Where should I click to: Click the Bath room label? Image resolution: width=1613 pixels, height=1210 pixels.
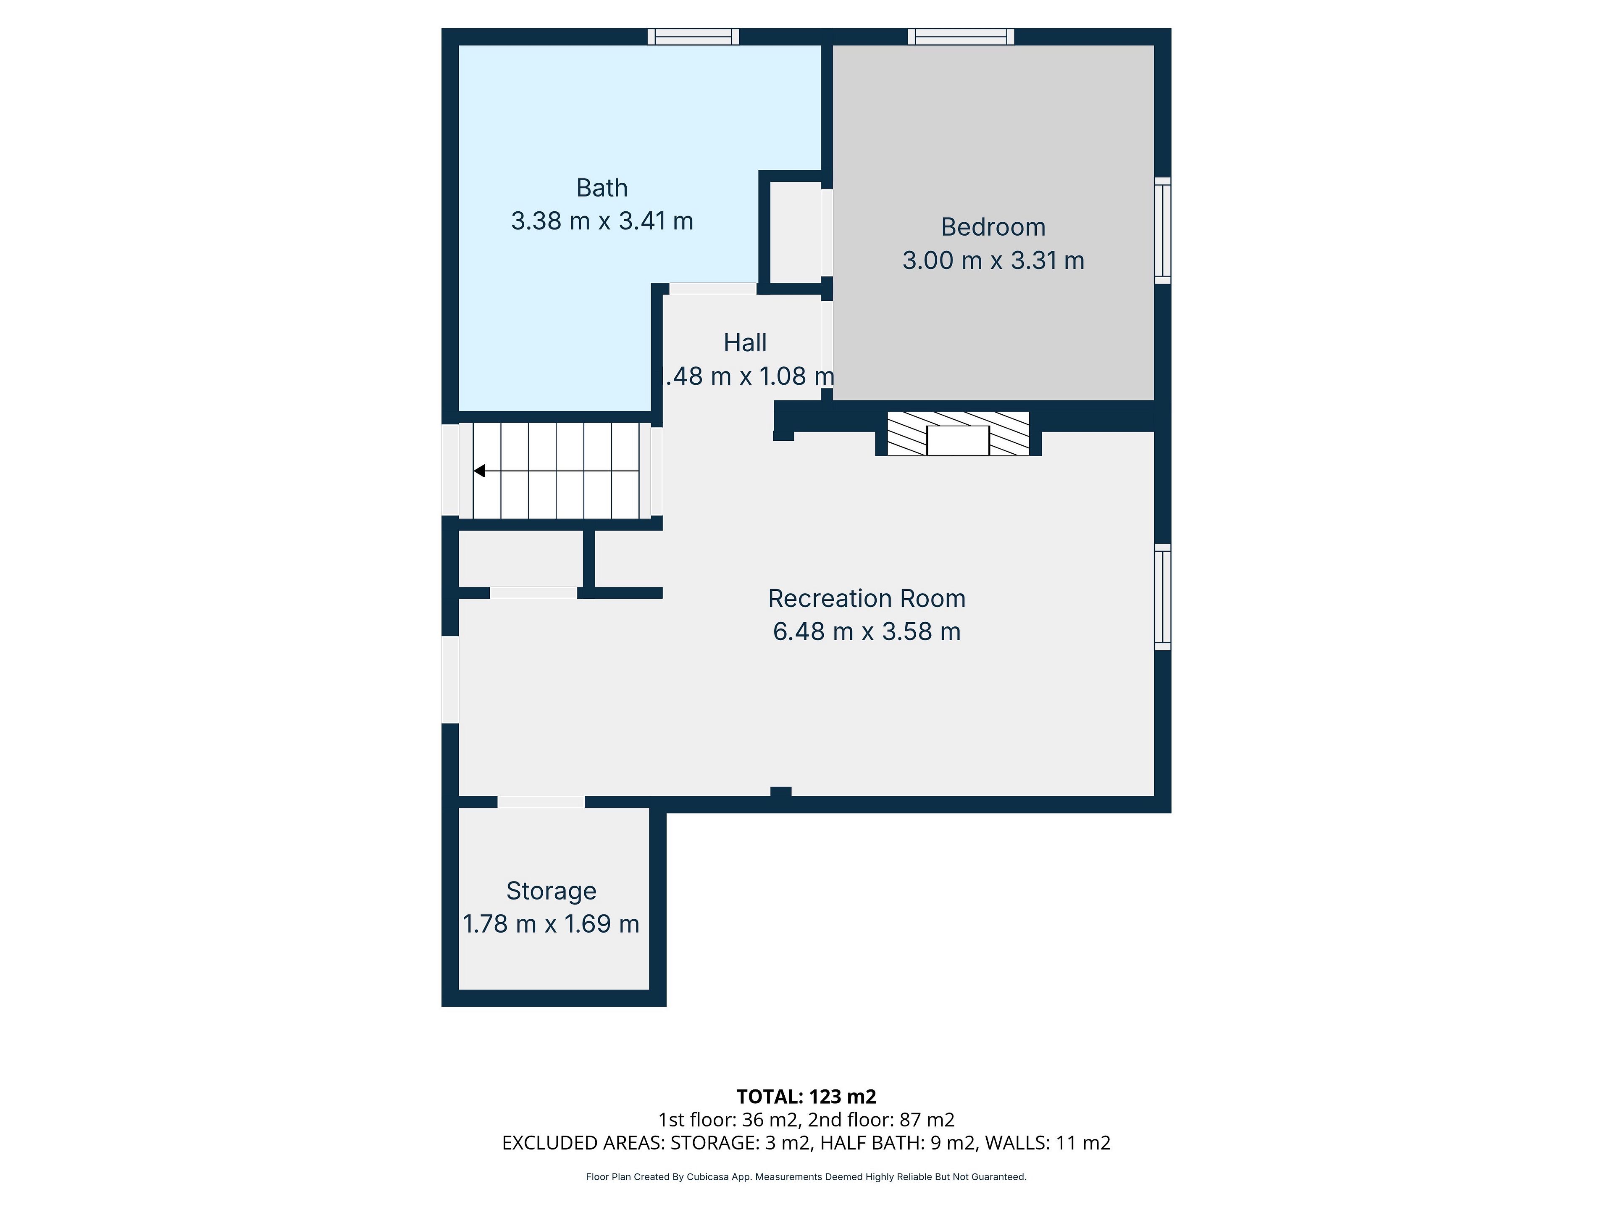(602, 188)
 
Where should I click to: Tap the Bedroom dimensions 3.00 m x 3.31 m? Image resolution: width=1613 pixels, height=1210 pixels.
(993, 260)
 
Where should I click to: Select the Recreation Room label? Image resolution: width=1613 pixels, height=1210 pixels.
(866, 598)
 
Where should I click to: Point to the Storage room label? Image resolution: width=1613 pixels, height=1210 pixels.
(551, 891)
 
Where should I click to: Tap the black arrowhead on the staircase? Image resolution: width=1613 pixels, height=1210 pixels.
(480, 471)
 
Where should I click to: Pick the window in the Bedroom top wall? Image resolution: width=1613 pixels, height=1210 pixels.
(961, 37)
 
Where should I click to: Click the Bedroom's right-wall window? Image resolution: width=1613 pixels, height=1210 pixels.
(1162, 231)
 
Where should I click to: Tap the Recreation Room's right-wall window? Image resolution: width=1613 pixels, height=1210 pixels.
(1162, 597)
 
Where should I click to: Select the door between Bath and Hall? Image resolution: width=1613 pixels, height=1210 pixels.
(713, 289)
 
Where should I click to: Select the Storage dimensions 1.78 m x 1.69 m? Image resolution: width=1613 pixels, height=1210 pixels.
(551, 924)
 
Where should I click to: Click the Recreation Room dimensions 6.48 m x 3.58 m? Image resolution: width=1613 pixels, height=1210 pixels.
(866, 631)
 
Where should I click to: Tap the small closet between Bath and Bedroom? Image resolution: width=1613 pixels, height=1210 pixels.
(796, 232)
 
